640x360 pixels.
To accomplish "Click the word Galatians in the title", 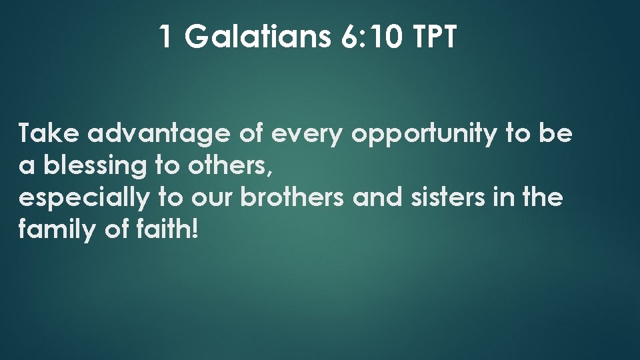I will pyautogui.click(x=257, y=37).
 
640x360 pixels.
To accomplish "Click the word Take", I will pyautogui.click(x=49, y=134).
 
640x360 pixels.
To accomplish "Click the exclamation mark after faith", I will pyautogui.click(x=195, y=230).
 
